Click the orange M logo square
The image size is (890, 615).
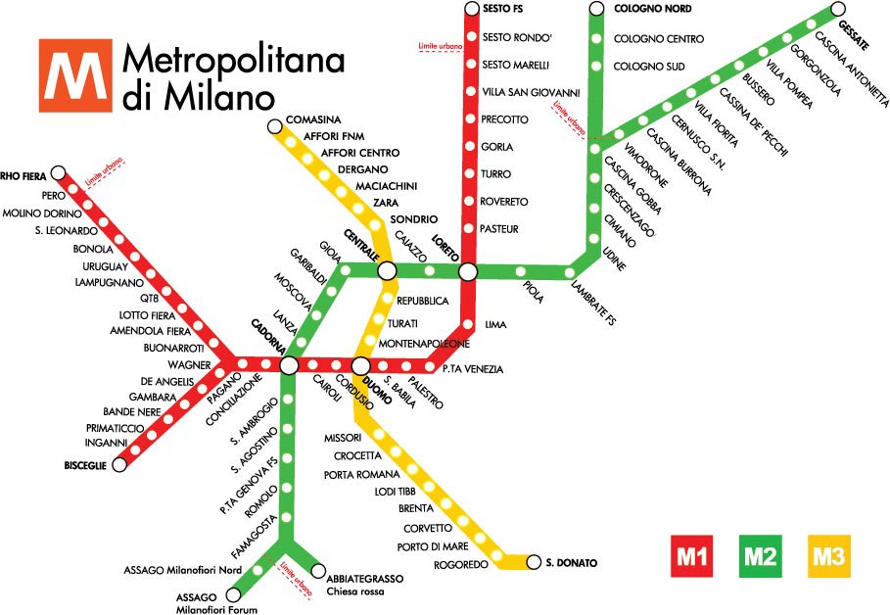75,76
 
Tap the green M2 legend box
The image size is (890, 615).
761,558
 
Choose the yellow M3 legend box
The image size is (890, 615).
827,558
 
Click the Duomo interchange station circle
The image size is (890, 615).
360,365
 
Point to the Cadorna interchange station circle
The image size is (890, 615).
289,365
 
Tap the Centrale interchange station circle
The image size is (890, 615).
387,270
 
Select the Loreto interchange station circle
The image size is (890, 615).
468,270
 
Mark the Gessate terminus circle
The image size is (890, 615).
838,9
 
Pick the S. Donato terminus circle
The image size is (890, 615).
534,562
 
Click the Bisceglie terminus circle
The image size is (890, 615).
119,465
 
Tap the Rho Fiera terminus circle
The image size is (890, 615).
58,172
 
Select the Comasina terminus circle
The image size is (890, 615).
273,124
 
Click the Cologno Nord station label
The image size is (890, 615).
652,9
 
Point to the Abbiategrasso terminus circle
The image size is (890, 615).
318,570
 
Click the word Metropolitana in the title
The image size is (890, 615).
233,61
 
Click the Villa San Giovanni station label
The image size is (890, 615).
533,92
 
